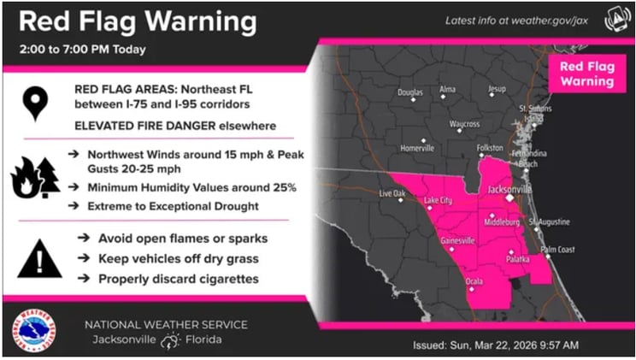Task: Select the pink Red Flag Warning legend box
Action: coord(586,74)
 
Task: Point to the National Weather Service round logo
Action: coord(35,331)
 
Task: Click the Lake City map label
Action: coord(440,202)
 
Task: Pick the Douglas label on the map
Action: coord(409,91)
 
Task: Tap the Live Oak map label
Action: coord(392,194)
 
